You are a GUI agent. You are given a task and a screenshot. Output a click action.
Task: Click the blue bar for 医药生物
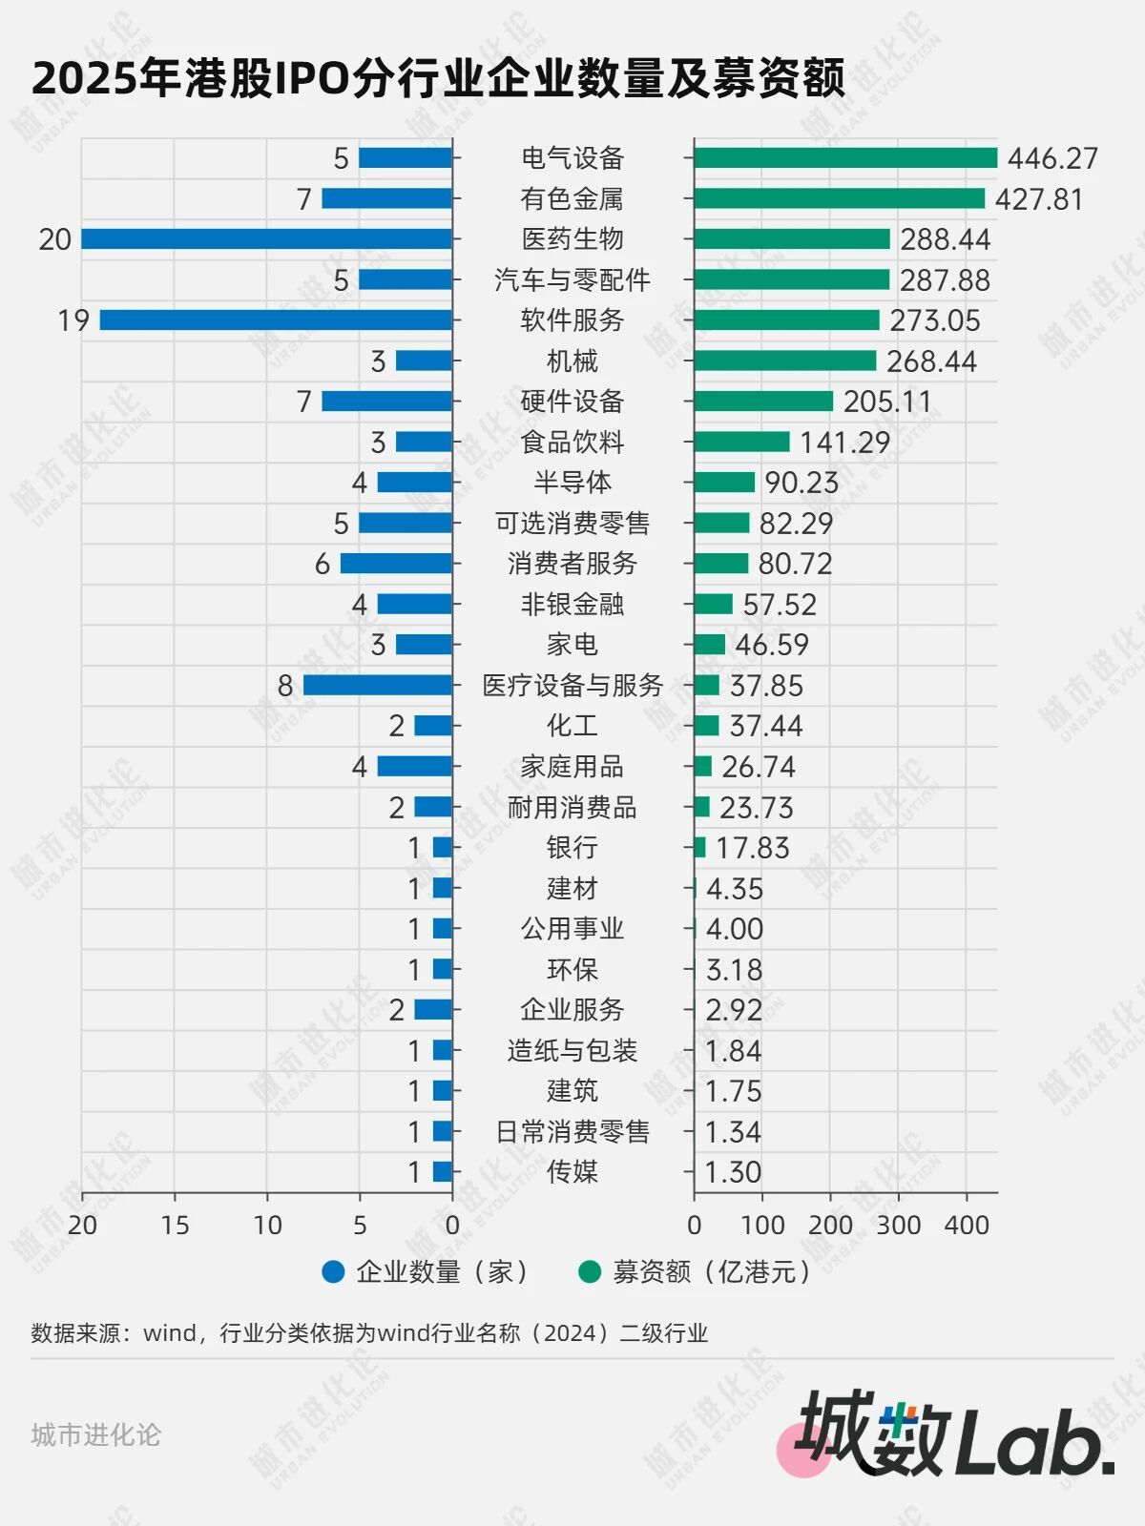coord(266,238)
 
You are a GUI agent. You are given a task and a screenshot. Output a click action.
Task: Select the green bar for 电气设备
coord(845,157)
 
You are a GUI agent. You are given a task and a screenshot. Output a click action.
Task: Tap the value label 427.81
coord(1039,198)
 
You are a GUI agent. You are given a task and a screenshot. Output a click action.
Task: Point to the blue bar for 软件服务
coord(276,320)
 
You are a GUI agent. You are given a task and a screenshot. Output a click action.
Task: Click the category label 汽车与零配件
coord(572,279)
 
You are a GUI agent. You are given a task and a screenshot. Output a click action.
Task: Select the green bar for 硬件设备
coord(763,401)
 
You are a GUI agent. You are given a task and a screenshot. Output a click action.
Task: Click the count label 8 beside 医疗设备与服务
coord(285,685)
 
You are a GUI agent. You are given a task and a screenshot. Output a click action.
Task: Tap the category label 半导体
coord(572,482)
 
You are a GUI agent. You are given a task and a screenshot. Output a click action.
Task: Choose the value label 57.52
coord(780,604)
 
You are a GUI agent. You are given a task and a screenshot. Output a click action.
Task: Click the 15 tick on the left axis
coord(175,1225)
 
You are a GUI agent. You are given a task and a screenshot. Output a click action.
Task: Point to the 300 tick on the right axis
coord(898,1225)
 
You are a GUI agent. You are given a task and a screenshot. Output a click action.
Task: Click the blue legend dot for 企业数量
coord(333,1271)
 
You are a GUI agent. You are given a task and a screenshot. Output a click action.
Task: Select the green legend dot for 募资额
coord(590,1271)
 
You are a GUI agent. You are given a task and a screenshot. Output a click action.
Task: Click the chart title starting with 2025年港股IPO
coord(438,77)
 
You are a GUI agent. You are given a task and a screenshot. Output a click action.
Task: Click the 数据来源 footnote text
coord(369,1332)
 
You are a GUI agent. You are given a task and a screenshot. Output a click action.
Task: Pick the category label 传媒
coord(572,1171)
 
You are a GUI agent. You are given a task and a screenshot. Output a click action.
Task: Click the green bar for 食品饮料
coord(741,442)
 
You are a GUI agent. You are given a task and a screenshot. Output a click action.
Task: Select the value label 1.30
coord(733,1171)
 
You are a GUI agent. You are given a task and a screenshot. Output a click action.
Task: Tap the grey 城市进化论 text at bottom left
coord(95,1434)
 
